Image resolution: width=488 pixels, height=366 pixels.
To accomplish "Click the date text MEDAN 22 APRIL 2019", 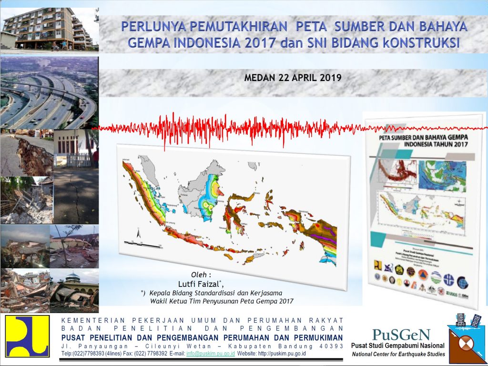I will click(x=293, y=78).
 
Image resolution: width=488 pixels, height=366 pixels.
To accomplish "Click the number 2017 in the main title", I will click(x=258, y=42).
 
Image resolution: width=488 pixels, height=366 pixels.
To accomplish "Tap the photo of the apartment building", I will click(x=48, y=29).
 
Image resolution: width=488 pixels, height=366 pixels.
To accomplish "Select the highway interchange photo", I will click(x=48, y=93).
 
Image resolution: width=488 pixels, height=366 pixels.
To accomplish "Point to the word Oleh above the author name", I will click(x=201, y=275).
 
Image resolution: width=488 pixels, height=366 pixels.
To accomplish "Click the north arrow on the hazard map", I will click(x=138, y=233).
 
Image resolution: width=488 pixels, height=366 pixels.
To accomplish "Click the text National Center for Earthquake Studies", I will click(x=398, y=354).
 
